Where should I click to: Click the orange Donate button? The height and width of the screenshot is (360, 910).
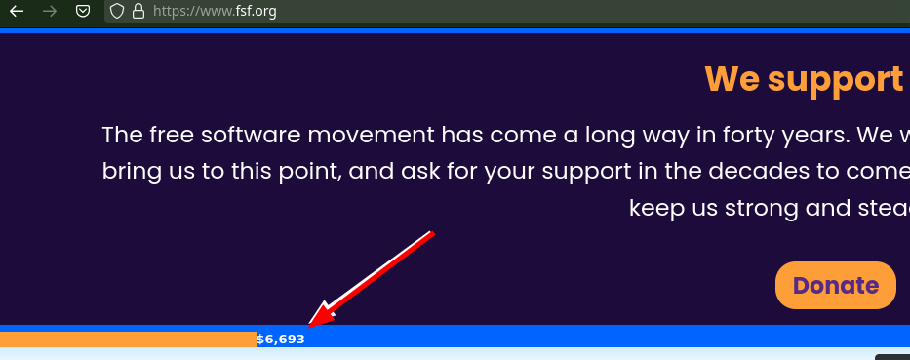pyautogui.click(x=835, y=286)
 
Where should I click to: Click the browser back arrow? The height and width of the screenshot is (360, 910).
pyautogui.click(x=17, y=12)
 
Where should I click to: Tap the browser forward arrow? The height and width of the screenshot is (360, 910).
pyautogui.click(x=50, y=12)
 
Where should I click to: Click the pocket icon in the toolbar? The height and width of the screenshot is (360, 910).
pyautogui.click(x=84, y=12)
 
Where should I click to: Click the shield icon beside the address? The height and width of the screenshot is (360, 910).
pyautogui.click(x=117, y=12)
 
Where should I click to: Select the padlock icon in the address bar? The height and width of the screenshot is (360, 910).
pyautogui.click(x=138, y=12)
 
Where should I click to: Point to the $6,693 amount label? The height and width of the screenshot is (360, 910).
pyautogui.click(x=281, y=340)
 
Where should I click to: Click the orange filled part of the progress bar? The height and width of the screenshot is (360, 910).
pyautogui.click(x=127, y=340)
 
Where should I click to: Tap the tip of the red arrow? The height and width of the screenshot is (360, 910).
pyautogui.click(x=310, y=324)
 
